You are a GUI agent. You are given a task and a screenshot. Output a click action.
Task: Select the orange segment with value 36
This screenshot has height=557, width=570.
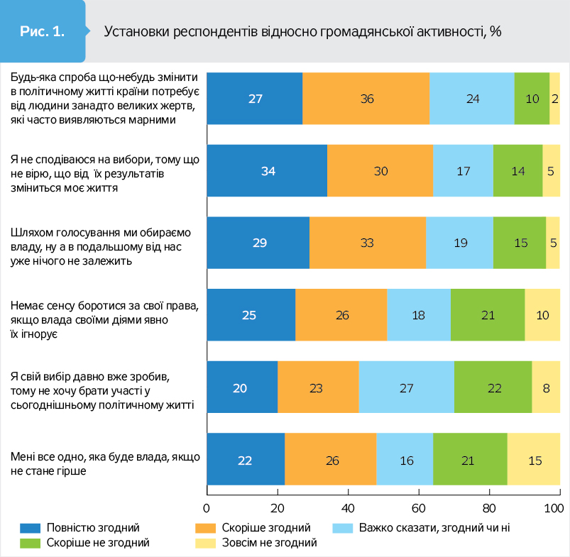[366, 99]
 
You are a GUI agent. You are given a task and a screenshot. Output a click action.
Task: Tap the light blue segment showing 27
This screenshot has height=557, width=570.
[406, 387]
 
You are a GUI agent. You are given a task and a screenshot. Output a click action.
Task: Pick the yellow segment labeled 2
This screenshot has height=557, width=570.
[555, 99]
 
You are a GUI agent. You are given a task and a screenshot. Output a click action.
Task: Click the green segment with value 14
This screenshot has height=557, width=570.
[517, 170]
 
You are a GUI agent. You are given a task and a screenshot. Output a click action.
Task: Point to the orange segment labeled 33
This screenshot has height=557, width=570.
[368, 243]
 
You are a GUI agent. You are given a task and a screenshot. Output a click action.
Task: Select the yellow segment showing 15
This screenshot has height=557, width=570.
[534, 460]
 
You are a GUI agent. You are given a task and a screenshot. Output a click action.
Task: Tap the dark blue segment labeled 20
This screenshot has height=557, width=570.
[241, 387]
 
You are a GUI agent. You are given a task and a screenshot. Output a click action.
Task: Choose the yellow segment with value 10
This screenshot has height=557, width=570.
[542, 315]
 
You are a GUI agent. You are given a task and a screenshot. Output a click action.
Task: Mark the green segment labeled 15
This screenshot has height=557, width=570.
[520, 243]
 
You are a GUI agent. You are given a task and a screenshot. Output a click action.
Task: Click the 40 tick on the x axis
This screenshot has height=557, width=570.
[348, 508]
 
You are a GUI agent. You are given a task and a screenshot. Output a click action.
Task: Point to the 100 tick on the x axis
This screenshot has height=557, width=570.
[554, 508]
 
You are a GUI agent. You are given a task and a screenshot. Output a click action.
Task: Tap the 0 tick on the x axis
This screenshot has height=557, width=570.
[207, 508]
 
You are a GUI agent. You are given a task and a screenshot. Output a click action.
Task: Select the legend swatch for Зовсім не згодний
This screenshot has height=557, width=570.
[206, 543]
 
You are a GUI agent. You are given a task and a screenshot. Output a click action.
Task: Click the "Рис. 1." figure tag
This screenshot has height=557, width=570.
[43, 31]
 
